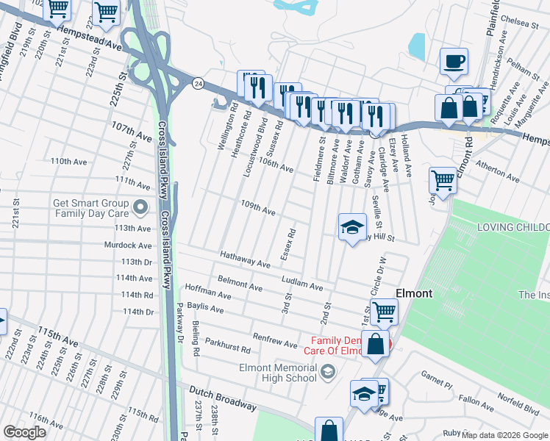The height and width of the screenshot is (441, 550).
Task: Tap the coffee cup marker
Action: [x=454, y=61]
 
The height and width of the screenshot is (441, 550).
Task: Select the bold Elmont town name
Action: [x=414, y=293]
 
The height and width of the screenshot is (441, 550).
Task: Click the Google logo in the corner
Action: [x=24, y=432]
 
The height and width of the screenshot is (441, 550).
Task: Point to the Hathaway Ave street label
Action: [x=245, y=259]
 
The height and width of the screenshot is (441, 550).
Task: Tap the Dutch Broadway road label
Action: [x=222, y=399]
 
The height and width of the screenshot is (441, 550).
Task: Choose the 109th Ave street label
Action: [x=257, y=208]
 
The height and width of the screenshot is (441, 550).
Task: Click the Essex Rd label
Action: [x=287, y=244]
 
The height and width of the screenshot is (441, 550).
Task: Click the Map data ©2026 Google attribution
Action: [x=504, y=435]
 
